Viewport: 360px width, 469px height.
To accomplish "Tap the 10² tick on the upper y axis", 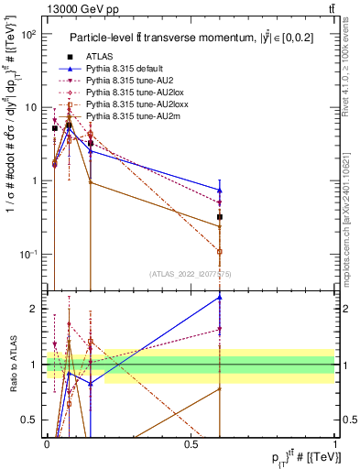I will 28,34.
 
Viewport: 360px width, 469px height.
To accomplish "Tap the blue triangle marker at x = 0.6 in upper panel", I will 220,190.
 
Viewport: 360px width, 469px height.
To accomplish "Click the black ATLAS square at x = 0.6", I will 220,217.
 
